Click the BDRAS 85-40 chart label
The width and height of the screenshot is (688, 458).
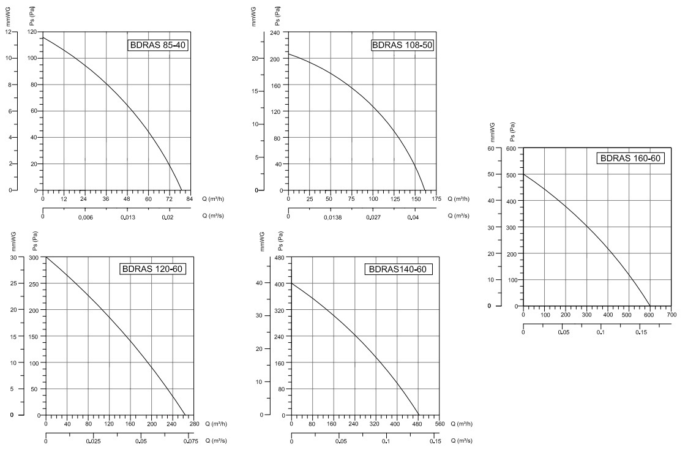click(x=157, y=45)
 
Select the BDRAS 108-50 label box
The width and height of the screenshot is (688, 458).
click(x=403, y=45)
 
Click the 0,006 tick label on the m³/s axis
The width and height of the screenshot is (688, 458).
click(x=86, y=216)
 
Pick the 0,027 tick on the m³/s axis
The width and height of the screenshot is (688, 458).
click(x=373, y=216)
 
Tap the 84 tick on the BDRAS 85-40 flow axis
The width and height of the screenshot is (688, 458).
click(x=190, y=199)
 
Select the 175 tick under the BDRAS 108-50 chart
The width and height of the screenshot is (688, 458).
click(x=436, y=199)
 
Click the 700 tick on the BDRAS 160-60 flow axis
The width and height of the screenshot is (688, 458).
click(x=671, y=315)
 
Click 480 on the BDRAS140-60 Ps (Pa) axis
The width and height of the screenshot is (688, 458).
click(x=280, y=257)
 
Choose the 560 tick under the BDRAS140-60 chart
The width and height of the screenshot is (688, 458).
click(x=439, y=424)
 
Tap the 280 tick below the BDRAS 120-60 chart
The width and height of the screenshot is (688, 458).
click(x=193, y=424)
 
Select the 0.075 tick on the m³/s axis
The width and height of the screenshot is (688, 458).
click(x=192, y=441)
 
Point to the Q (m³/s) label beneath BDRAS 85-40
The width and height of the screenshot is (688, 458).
click(x=219, y=216)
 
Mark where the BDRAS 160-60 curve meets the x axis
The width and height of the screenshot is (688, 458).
click(x=650, y=306)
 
